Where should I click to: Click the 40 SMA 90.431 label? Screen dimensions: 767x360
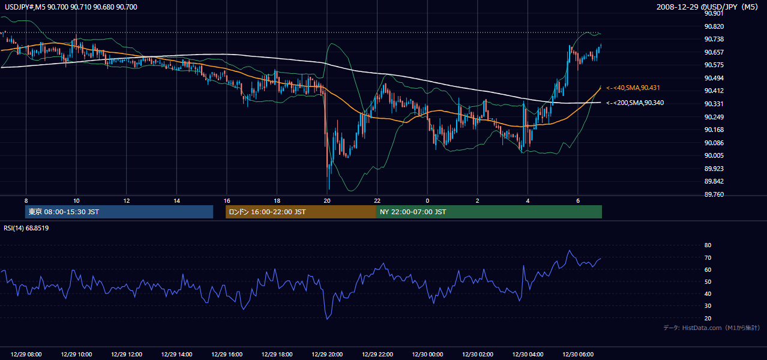click(633, 88)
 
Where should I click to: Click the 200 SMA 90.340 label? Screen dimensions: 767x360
click(635, 103)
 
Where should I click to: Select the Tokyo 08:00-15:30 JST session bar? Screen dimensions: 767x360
click(119, 212)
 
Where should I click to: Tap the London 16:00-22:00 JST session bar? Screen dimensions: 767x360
click(301, 212)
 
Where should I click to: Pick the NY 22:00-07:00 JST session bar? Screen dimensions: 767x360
click(489, 212)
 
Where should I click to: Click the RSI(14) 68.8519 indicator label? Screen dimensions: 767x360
click(26, 228)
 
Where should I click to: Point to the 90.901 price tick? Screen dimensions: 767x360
click(714, 13)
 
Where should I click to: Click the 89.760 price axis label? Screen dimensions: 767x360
click(714, 194)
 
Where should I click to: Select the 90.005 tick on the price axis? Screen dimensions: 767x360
click(714, 156)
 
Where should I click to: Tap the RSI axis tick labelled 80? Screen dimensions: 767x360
click(708, 245)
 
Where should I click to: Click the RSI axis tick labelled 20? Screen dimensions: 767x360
click(708, 318)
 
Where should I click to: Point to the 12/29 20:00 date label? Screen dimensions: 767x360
click(327, 354)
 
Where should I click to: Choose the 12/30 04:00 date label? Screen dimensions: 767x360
click(528, 354)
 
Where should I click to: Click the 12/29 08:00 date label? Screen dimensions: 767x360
click(26, 354)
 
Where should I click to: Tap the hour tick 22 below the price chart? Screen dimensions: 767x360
click(377, 201)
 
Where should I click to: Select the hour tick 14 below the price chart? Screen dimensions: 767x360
click(176, 201)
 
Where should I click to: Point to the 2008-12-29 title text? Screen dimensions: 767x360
click(678, 7)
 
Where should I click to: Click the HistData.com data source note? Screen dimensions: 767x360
click(712, 328)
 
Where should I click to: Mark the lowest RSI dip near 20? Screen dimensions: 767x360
click(327, 319)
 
